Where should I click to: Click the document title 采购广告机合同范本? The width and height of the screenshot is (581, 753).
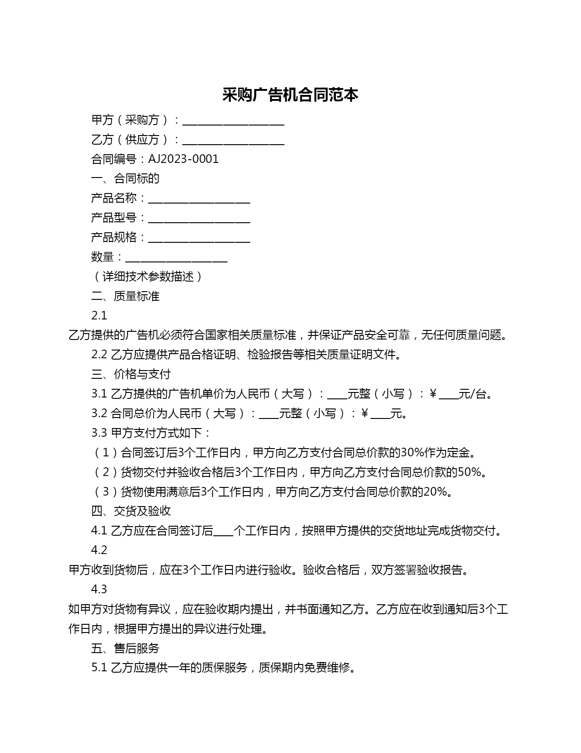pyautogui.click(x=290, y=95)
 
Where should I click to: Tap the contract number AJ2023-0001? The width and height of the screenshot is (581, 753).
pyautogui.click(x=183, y=159)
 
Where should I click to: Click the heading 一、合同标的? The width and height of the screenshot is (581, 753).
pyautogui.click(x=125, y=178)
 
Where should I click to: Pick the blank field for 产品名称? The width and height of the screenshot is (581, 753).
pyautogui.click(x=199, y=199)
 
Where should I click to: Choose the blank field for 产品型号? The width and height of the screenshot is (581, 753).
pyautogui.click(x=199, y=219)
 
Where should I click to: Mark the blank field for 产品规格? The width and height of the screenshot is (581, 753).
pyautogui.click(x=199, y=239)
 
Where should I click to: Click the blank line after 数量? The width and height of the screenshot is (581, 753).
pyautogui.click(x=176, y=258)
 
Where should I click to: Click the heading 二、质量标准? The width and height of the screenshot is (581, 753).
pyautogui.click(x=125, y=296)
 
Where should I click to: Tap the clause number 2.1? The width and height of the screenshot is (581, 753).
pyautogui.click(x=99, y=316)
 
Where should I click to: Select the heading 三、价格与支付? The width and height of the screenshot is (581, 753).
pyautogui.click(x=131, y=374)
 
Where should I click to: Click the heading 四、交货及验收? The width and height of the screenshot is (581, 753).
pyautogui.click(x=131, y=511)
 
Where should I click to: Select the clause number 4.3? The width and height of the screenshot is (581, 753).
pyautogui.click(x=99, y=589)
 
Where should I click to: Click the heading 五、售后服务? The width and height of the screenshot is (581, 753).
pyautogui.click(x=125, y=648)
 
